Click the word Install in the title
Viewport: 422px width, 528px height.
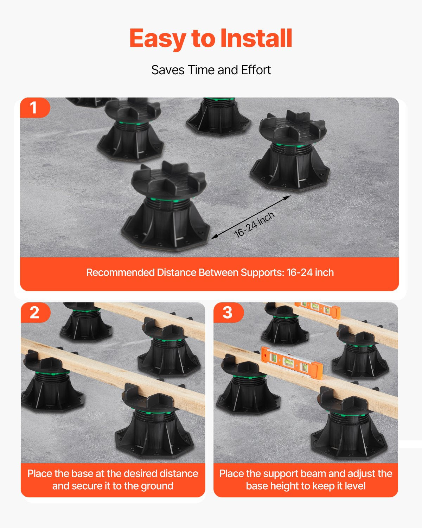(x=256, y=38)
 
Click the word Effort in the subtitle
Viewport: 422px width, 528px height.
(x=256, y=70)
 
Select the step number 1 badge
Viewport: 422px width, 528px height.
(x=35, y=107)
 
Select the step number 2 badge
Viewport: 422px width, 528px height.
(x=35, y=312)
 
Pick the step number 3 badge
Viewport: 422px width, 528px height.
(x=228, y=312)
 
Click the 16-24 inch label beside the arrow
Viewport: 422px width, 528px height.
(x=254, y=225)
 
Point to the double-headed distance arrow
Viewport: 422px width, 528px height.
(x=251, y=217)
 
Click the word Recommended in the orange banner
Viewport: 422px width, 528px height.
(x=120, y=272)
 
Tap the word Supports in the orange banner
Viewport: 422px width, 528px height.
(x=262, y=273)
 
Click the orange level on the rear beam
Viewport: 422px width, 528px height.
(x=318, y=309)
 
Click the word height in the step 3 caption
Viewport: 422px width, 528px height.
(x=284, y=486)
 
